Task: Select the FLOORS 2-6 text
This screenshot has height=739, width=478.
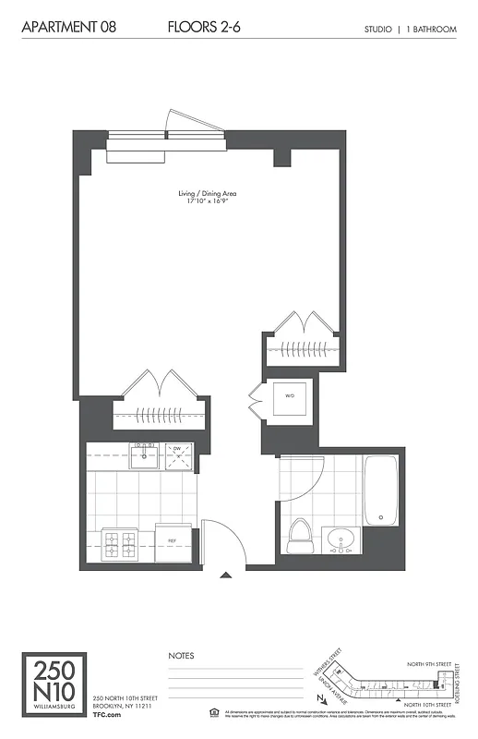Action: (x=205, y=29)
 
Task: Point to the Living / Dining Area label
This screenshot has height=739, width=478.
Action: (x=208, y=193)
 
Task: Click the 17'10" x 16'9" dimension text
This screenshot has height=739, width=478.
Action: (x=208, y=200)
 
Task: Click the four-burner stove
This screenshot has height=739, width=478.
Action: (x=119, y=544)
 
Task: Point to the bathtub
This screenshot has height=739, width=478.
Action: (x=380, y=490)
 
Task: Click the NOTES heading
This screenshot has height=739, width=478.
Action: (x=181, y=655)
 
